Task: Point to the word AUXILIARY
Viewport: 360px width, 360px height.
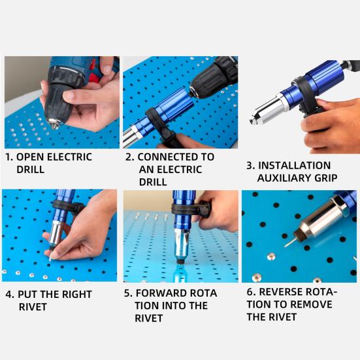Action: (286, 178)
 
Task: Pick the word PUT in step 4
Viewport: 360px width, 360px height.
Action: (29, 294)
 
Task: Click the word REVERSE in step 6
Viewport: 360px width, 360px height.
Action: (287, 291)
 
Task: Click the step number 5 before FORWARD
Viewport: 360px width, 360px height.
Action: (128, 293)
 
